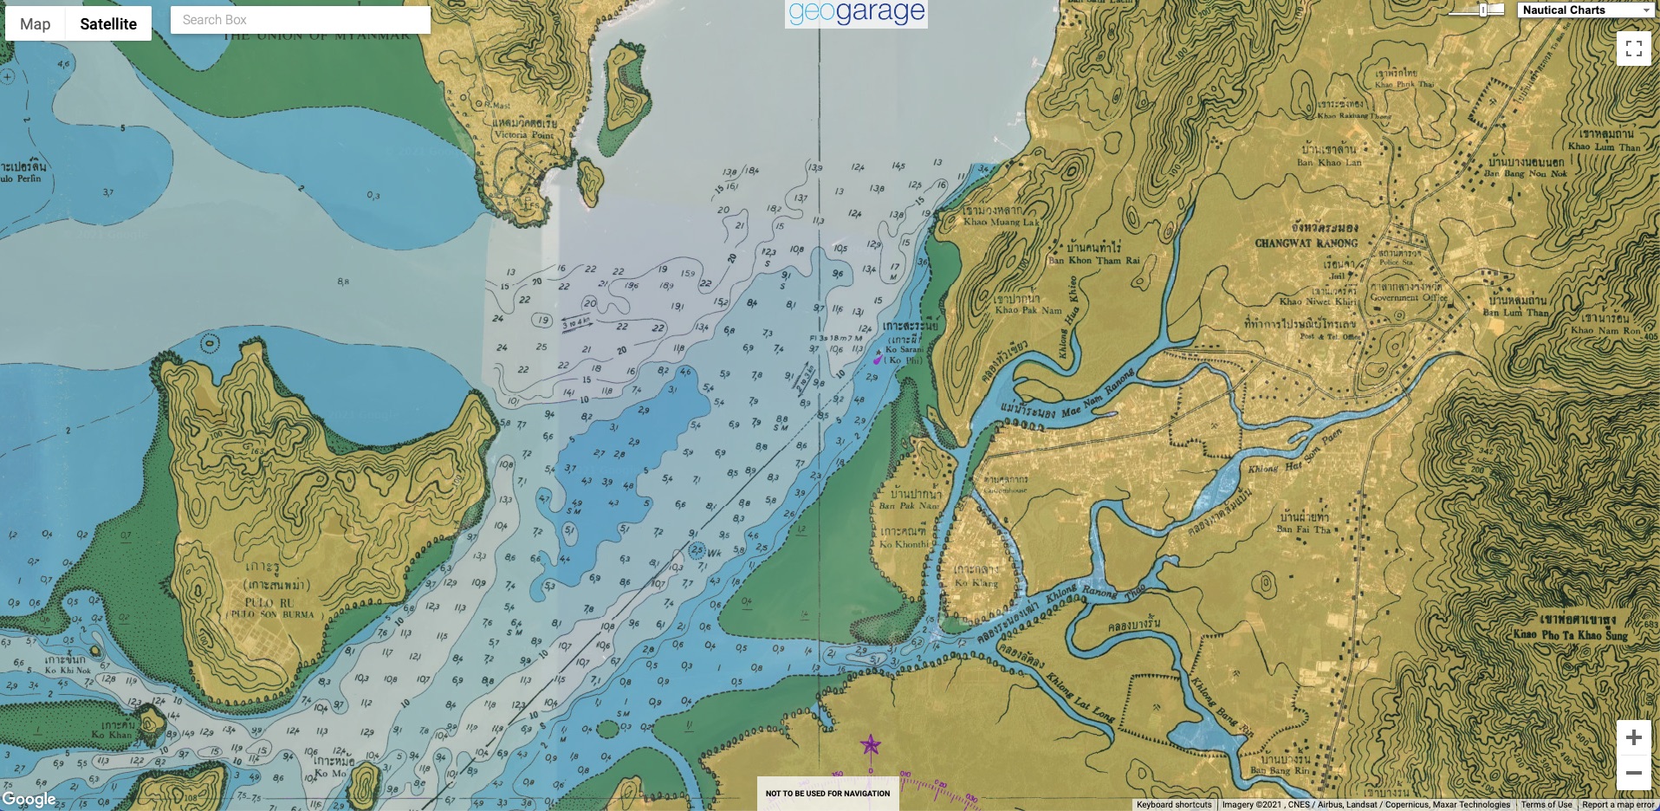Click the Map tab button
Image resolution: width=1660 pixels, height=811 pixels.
[36, 24]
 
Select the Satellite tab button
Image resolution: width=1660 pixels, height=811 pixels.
[108, 24]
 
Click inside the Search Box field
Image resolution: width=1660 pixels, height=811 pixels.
[300, 20]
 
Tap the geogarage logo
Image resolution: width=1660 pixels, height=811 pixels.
[856, 13]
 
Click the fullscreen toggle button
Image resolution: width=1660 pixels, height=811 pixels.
[1633, 49]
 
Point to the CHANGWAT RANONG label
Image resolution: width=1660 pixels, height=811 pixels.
[1307, 243]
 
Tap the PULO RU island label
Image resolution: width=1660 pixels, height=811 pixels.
[269, 602]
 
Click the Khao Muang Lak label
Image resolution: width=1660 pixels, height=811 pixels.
[1001, 222]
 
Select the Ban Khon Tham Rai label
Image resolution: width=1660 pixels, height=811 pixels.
[1093, 260]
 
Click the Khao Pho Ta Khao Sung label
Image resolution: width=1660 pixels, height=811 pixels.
[1570, 634]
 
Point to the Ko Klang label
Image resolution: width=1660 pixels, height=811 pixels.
[976, 583]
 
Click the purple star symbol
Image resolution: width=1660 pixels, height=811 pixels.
[870, 744]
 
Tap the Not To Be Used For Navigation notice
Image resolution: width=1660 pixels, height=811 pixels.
[827, 793]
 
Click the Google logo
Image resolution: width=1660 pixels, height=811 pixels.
[29, 799]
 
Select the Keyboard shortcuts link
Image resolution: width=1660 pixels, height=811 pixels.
[1173, 805]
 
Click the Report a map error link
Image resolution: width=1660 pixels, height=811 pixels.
[1618, 805]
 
